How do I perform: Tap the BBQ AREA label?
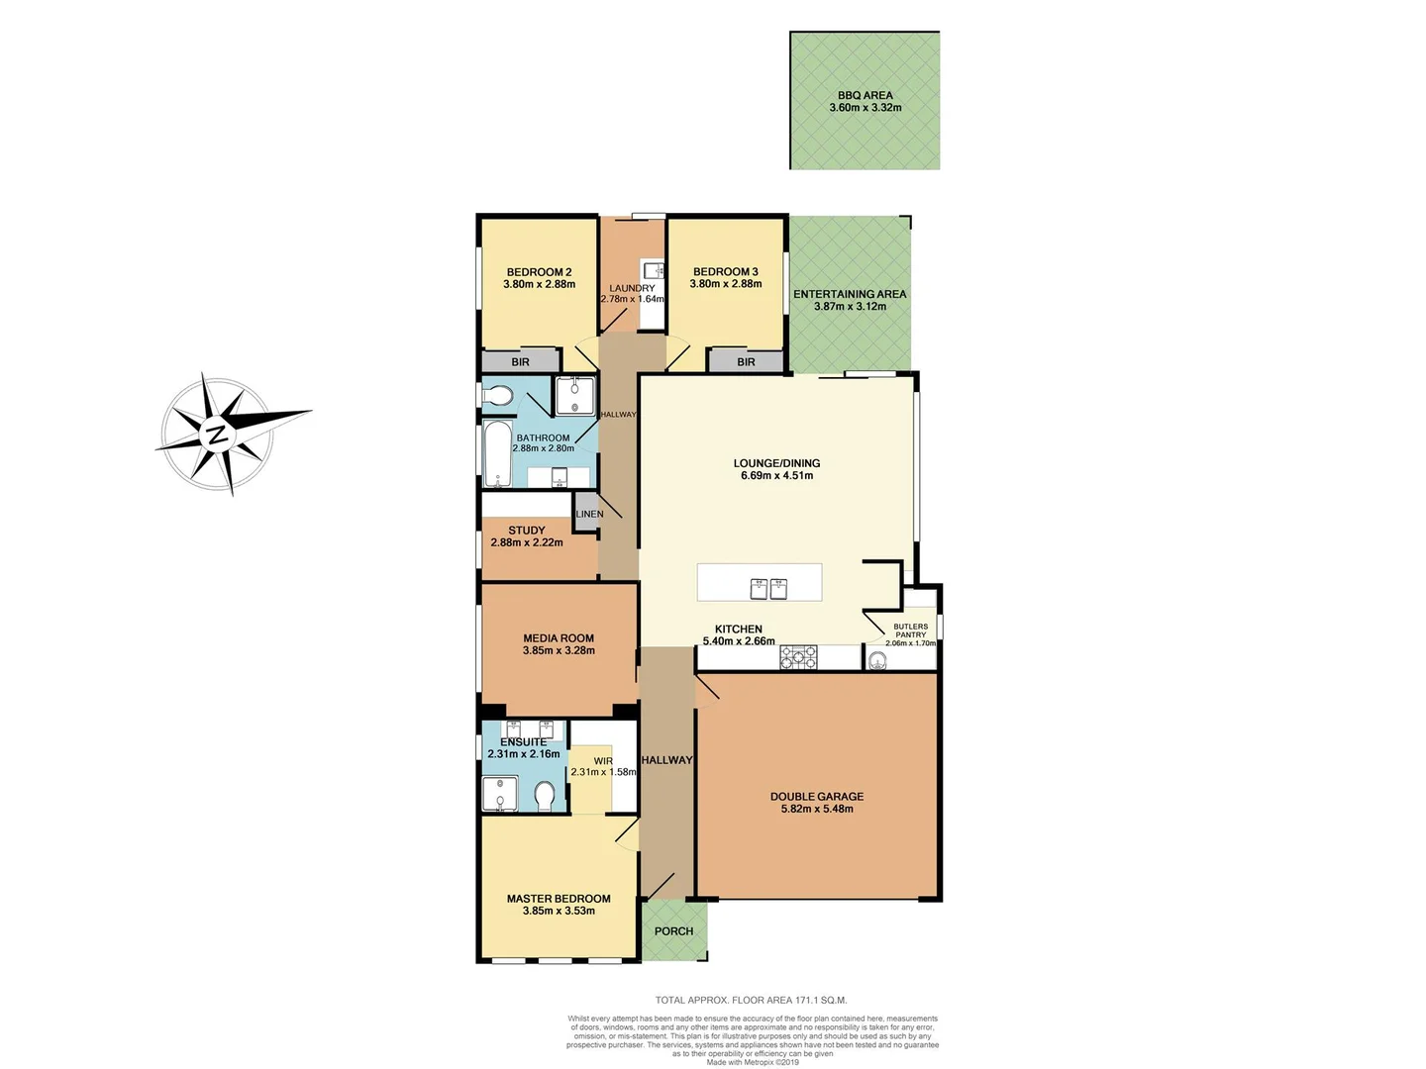pyautogui.click(x=865, y=96)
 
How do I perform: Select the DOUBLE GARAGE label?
pyautogui.click(x=817, y=796)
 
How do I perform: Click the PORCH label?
pyautogui.click(x=673, y=931)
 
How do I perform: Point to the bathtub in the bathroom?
pyautogui.click(x=497, y=454)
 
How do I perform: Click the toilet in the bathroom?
pyautogui.click(x=497, y=397)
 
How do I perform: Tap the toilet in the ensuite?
pyautogui.click(x=544, y=796)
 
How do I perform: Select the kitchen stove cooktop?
pyautogui.click(x=798, y=657)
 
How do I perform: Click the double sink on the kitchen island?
pyautogui.click(x=768, y=589)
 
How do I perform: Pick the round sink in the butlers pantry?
pyautogui.click(x=877, y=660)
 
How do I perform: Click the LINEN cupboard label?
pyautogui.click(x=589, y=514)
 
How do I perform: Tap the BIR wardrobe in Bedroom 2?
pyautogui.click(x=520, y=362)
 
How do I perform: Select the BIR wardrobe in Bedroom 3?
pyautogui.click(x=746, y=362)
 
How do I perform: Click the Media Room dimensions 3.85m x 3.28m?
pyautogui.click(x=559, y=651)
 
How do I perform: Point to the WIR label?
pyautogui.click(x=603, y=761)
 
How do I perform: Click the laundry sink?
pyautogui.click(x=653, y=271)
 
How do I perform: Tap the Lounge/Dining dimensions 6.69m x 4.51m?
pyautogui.click(x=776, y=475)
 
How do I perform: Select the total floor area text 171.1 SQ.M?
pyautogui.click(x=751, y=1001)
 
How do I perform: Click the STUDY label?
pyautogui.click(x=526, y=531)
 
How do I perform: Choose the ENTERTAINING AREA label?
pyautogui.click(x=850, y=294)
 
